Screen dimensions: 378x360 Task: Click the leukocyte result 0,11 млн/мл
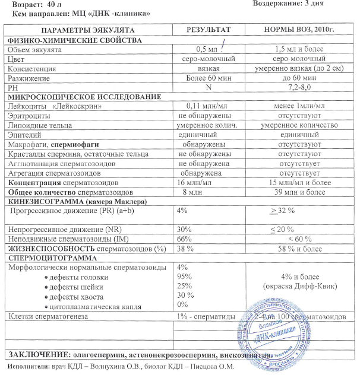pyautogui.click(x=204, y=107)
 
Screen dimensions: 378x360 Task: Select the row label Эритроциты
pyautogui.click(x=27, y=117)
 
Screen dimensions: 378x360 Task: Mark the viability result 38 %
pyautogui.click(x=187, y=249)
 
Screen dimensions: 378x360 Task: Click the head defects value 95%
pyautogui.click(x=185, y=277)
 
